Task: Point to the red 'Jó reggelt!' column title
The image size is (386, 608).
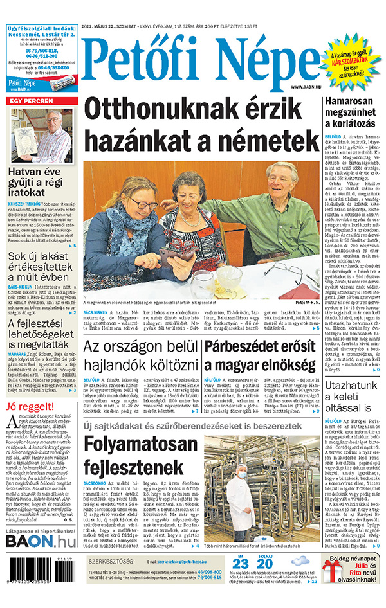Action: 30,406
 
